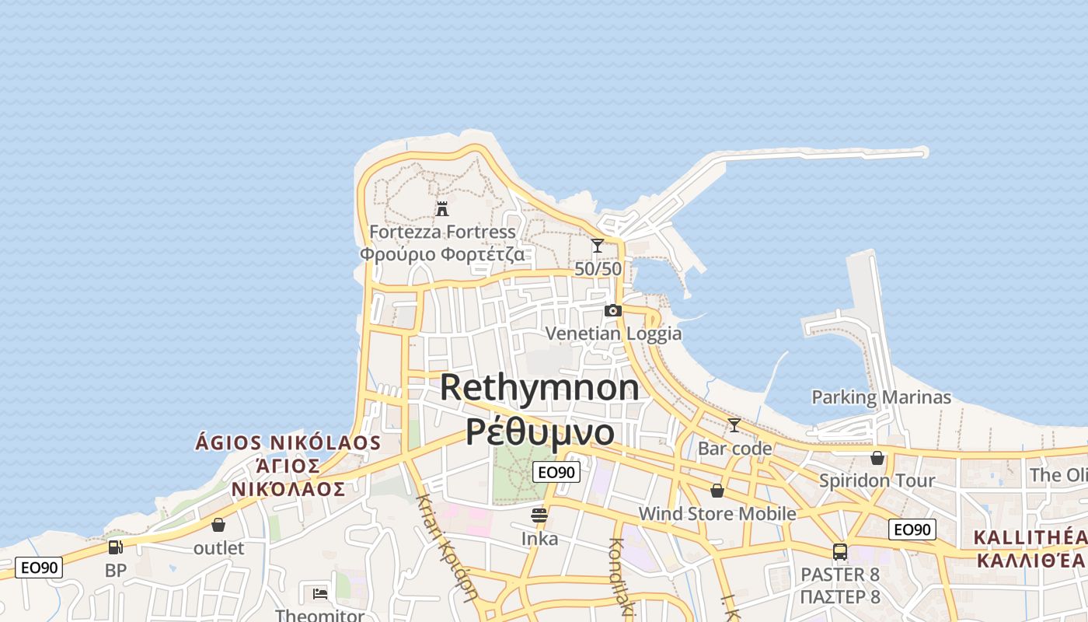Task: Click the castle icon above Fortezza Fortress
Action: click(442, 208)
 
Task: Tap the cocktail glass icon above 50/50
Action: click(598, 246)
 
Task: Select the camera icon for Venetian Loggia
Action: click(613, 311)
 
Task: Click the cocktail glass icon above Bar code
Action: click(734, 425)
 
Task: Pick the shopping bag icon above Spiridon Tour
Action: click(877, 458)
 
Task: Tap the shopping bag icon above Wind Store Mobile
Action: click(717, 491)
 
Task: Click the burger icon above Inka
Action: click(539, 515)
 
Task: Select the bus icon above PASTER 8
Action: click(840, 552)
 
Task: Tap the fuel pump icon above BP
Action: click(115, 547)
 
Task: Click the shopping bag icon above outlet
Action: click(218, 525)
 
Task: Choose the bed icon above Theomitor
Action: click(319, 594)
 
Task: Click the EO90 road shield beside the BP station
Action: click(39, 568)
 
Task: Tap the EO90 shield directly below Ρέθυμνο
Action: click(556, 472)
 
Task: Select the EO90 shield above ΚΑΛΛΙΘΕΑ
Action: click(912, 529)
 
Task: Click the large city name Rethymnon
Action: click(539, 387)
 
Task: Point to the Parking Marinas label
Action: click(881, 397)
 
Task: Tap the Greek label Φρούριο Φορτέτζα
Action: click(441, 254)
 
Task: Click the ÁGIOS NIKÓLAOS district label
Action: click(288, 443)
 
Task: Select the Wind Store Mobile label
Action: click(717, 513)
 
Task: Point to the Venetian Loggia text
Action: click(613, 334)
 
